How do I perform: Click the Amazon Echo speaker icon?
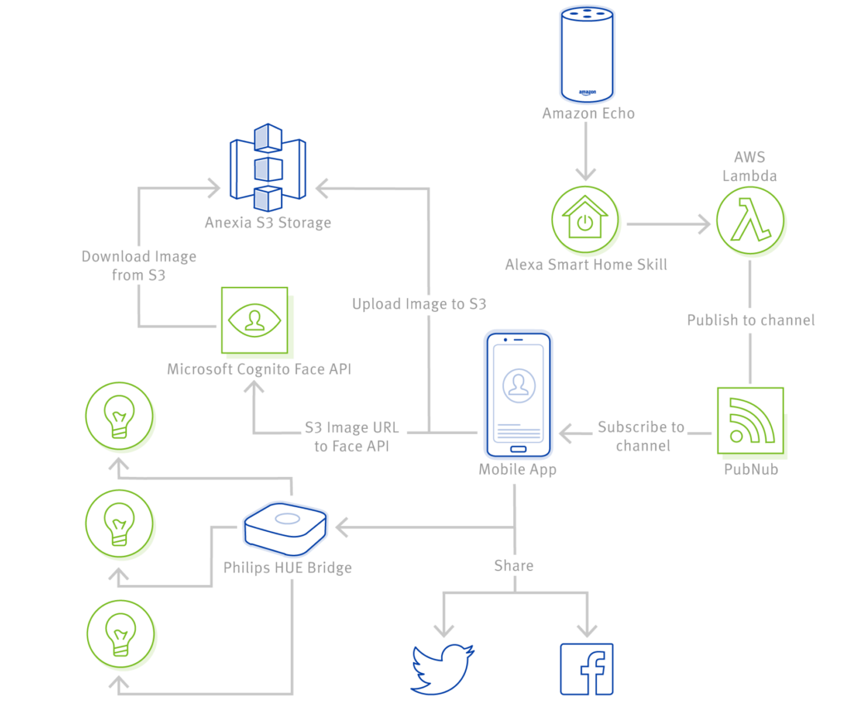(x=588, y=52)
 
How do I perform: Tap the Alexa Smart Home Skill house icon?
(x=586, y=222)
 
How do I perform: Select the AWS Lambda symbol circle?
(x=751, y=222)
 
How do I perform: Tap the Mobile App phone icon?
(x=517, y=394)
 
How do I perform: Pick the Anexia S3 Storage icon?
(x=267, y=168)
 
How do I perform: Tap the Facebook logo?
(x=587, y=668)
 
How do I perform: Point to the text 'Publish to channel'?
(x=750, y=319)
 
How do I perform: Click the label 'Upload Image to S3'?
(x=419, y=305)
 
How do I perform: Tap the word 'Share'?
(x=514, y=566)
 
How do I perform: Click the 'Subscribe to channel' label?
(x=642, y=436)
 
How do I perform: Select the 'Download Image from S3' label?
(x=139, y=266)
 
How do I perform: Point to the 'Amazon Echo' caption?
(x=588, y=113)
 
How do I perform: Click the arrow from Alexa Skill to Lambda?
(x=668, y=223)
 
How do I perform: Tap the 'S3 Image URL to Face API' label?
(x=352, y=437)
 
